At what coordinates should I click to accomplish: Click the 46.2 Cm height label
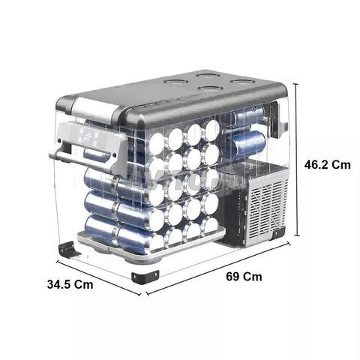[328, 165]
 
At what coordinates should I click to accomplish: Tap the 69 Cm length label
[244, 277]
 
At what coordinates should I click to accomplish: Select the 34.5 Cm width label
[70, 284]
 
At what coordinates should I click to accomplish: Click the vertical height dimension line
[297, 160]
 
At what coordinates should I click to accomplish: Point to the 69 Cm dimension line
[218, 268]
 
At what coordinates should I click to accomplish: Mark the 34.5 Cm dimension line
[98, 278]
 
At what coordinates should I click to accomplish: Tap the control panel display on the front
[88, 136]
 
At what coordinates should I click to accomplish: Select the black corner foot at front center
[145, 277]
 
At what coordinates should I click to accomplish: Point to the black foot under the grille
[279, 233]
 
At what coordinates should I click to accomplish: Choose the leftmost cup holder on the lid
[175, 82]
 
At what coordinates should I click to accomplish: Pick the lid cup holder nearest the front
[209, 88]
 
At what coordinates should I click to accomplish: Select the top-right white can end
[212, 130]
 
